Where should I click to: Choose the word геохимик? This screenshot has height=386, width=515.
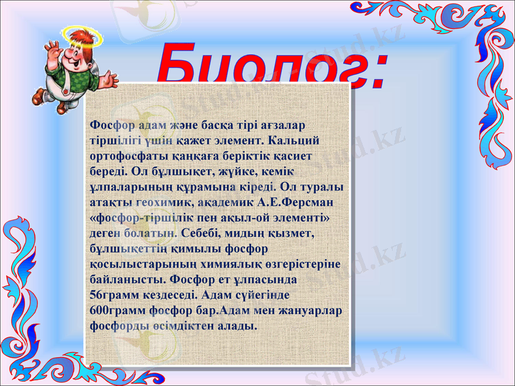coord(164,202)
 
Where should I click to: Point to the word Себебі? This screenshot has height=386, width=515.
coord(205,233)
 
